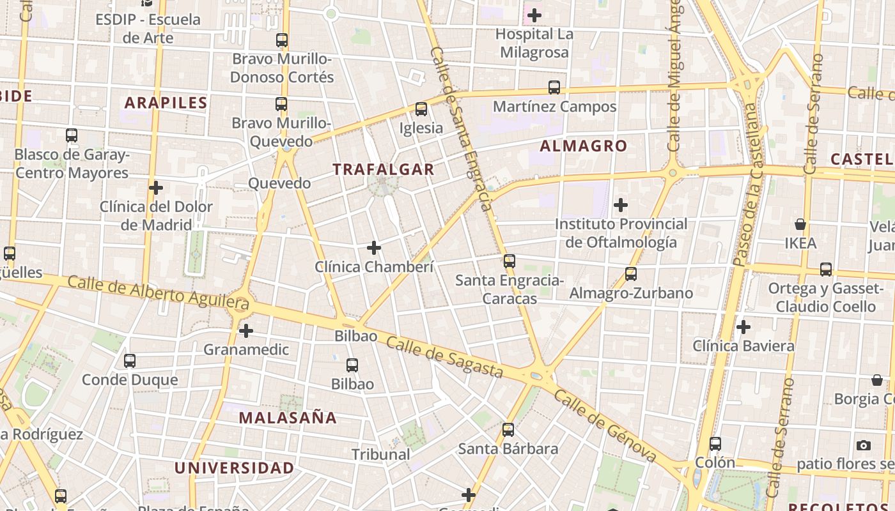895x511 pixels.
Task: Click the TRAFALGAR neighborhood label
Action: point(384,169)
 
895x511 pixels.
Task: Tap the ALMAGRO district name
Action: point(584,146)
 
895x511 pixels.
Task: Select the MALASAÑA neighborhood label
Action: point(288,418)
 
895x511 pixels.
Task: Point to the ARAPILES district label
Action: point(166,102)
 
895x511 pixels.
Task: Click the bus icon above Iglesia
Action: point(421,109)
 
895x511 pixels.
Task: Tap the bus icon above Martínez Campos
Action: point(554,88)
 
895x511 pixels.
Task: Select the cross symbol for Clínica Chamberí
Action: point(374,248)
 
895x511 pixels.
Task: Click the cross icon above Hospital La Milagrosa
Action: point(534,15)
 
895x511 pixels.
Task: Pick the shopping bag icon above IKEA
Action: point(800,224)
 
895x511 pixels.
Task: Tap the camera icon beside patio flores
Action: point(864,445)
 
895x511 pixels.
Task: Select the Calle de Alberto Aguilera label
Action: point(158,291)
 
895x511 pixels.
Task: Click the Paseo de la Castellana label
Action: point(749,185)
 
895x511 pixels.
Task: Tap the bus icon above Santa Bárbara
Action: point(508,430)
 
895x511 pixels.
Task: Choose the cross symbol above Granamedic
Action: point(246,331)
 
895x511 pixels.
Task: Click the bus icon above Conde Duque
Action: point(130,361)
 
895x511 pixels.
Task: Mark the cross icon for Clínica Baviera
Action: point(743,327)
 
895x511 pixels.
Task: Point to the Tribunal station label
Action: point(381,454)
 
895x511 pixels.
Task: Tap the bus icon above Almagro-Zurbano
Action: point(631,274)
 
